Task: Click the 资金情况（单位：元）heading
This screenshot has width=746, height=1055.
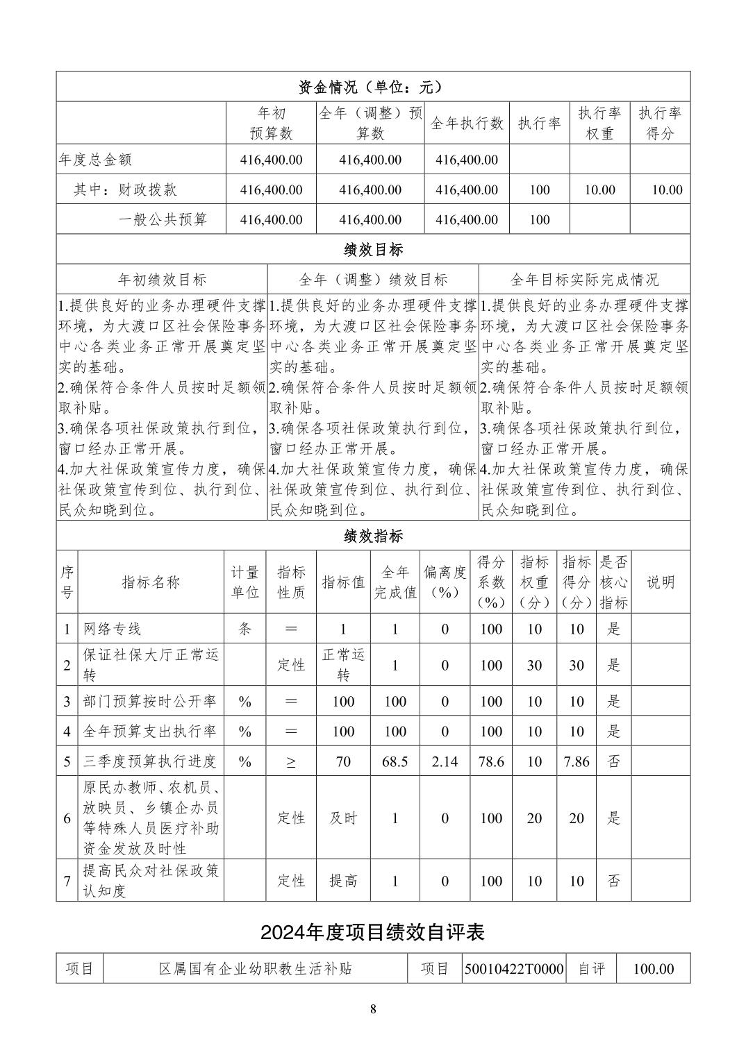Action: click(373, 87)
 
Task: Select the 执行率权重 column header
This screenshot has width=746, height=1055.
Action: click(599, 123)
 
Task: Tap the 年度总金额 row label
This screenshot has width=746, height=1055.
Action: click(95, 160)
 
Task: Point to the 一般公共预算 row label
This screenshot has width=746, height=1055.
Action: click(163, 219)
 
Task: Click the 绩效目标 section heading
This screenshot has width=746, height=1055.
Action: click(373, 249)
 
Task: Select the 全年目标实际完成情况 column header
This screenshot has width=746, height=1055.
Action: click(584, 280)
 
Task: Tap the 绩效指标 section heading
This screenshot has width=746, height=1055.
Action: click(373, 536)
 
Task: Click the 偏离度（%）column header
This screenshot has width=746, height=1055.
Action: click(445, 582)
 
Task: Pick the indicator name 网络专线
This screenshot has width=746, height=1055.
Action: click(113, 629)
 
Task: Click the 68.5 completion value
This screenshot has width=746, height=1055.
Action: click(395, 761)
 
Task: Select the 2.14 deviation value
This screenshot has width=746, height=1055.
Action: click(445, 761)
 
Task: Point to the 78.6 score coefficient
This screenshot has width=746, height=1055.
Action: click(491, 761)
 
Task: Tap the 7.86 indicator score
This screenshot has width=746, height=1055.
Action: click(577, 761)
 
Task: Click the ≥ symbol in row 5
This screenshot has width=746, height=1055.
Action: click(291, 762)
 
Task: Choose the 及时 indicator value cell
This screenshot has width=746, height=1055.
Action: click(343, 818)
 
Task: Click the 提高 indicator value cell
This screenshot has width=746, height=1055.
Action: click(343, 881)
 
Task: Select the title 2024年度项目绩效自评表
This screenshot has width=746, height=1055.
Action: click(373, 932)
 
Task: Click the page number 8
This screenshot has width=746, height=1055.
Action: click(373, 1009)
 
